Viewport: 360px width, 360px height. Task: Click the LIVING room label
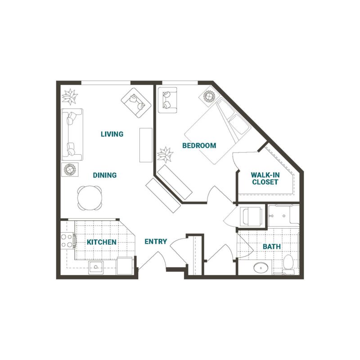[x=112, y=134]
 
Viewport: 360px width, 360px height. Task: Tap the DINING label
[x=105, y=175]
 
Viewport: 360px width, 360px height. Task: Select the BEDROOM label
[x=199, y=145]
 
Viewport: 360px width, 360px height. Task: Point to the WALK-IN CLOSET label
[x=265, y=178]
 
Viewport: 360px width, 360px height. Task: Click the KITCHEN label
[x=102, y=242]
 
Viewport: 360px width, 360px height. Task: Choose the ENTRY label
[x=156, y=242]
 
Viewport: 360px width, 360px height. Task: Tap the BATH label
[x=272, y=247]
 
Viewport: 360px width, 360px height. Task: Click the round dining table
[x=90, y=198]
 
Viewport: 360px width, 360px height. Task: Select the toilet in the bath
[x=288, y=264]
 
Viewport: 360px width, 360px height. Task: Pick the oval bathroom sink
[x=261, y=268]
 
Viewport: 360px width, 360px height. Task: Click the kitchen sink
[x=96, y=267]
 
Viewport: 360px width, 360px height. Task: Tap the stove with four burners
[x=67, y=241]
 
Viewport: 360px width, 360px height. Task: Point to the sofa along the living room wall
[x=72, y=135]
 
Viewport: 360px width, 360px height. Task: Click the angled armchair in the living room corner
[x=136, y=103]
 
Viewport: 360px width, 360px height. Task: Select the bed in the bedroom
[x=218, y=131]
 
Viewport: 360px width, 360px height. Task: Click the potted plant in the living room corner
[x=70, y=97]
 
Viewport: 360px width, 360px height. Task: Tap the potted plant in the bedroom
[x=165, y=155]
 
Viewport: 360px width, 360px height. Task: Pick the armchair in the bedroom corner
[x=167, y=100]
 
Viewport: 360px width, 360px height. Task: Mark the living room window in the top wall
[x=106, y=83]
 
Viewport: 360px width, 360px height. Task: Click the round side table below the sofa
[x=70, y=170]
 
